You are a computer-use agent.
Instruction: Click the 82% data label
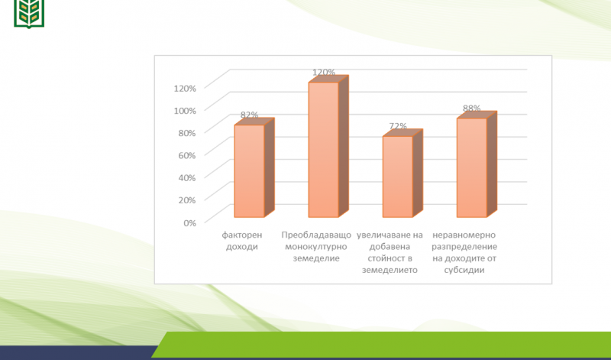(x=250, y=115)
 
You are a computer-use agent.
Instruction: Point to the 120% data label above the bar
(x=324, y=72)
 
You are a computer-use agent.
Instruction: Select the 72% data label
(x=398, y=126)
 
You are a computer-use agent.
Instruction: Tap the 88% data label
(x=472, y=108)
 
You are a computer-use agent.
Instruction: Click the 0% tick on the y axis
(x=189, y=222)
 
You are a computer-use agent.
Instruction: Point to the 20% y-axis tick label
(x=187, y=200)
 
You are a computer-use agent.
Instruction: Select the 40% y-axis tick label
(x=187, y=178)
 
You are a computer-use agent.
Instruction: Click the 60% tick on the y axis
(x=187, y=155)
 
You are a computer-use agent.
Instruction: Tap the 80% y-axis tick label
(x=187, y=133)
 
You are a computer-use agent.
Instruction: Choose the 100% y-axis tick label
(x=185, y=111)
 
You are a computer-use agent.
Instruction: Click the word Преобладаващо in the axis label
(x=316, y=235)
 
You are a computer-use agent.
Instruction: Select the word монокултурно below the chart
(x=316, y=247)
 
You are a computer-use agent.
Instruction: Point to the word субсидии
(x=464, y=270)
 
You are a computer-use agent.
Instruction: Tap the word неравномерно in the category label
(x=464, y=235)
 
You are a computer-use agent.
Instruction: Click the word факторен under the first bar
(x=242, y=235)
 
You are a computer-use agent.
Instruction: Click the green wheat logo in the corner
(x=29, y=14)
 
